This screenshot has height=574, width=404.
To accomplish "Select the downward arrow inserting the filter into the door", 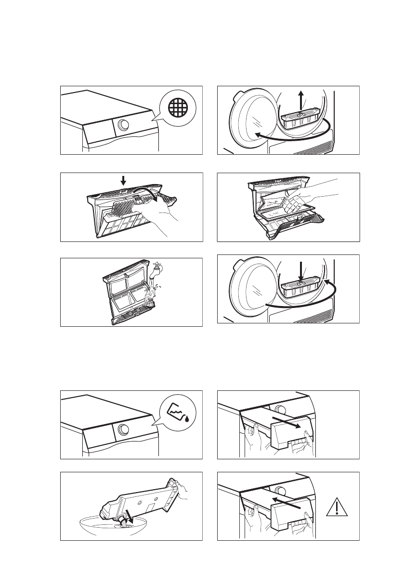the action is [x=300, y=270].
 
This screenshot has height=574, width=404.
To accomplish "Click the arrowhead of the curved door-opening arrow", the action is [x=258, y=135].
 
